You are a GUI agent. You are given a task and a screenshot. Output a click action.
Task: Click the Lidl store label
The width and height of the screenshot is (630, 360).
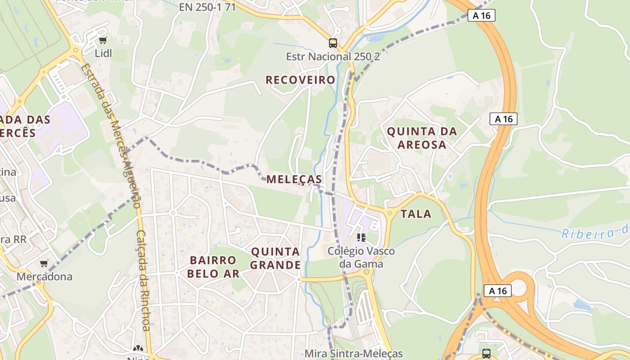(103, 53)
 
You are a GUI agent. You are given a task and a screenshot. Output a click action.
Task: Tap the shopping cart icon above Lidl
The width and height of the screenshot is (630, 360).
(103, 40)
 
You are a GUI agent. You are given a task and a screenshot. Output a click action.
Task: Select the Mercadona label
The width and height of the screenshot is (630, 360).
(45, 276)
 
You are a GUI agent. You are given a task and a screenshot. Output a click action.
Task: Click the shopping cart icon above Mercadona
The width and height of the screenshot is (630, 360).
(44, 263)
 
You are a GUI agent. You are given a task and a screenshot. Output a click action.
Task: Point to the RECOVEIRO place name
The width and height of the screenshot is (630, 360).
(300, 80)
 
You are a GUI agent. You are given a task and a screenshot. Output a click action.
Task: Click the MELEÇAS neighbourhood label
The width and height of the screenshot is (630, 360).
(294, 179)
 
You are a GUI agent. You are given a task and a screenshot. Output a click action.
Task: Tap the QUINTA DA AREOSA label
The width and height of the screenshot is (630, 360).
(422, 138)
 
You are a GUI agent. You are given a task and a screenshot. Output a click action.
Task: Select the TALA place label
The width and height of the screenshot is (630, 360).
(416, 214)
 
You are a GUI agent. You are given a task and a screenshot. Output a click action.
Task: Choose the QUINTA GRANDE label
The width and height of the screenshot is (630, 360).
(275, 258)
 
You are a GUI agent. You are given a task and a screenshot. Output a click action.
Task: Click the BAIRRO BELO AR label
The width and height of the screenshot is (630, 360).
(213, 266)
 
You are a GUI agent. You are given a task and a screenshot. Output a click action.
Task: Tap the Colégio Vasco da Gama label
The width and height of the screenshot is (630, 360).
(361, 257)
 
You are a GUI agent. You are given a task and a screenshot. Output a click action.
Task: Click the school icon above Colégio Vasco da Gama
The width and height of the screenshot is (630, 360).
(361, 237)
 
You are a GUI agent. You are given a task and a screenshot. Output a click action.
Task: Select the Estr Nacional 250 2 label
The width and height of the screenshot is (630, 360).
(333, 57)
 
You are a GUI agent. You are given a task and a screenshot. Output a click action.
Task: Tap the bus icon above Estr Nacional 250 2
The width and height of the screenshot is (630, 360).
(333, 43)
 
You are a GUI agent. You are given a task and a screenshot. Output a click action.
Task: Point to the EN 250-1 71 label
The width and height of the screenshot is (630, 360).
(207, 7)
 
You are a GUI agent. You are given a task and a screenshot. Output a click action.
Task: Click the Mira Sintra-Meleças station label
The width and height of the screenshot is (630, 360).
(354, 354)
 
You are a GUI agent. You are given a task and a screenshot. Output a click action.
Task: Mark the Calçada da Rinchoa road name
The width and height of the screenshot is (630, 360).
(143, 281)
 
